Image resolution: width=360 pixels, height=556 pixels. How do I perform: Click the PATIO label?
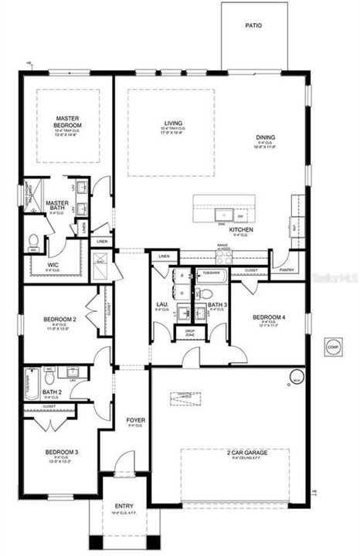click(x=253, y=25)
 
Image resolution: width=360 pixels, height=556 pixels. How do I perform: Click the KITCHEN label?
click(x=241, y=230)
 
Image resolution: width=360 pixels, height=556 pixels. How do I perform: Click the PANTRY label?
click(x=287, y=270)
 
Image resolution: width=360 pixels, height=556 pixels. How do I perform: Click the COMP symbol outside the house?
click(x=332, y=346)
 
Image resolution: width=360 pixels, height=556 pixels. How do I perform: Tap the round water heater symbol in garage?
click(x=297, y=377)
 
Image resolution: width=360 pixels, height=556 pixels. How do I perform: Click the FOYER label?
click(x=136, y=420)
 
